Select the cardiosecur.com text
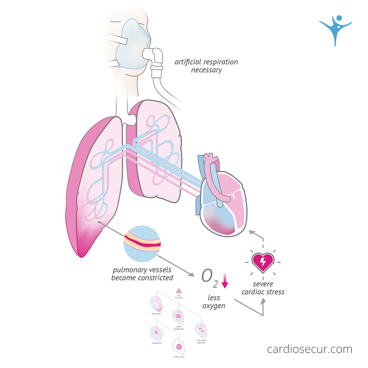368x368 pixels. (x=309, y=349)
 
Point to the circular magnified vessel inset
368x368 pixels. (x=142, y=244)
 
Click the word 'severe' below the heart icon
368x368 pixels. (x=263, y=284)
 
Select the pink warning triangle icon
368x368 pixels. (x=179, y=290)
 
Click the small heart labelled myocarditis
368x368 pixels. (x=156, y=304)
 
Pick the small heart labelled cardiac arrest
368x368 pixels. (x=179, y=347)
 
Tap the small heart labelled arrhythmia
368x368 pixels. (x=156, y=333)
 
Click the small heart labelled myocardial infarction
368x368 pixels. (x=201, y=330)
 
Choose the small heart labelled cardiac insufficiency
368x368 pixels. (x=178, y=316)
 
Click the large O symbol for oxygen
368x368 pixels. (x=207, y=276)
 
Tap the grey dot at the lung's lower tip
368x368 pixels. (x=99, y=222)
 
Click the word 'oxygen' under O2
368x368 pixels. (x=214, y=306)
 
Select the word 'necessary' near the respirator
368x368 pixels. (x=206, y=70)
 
